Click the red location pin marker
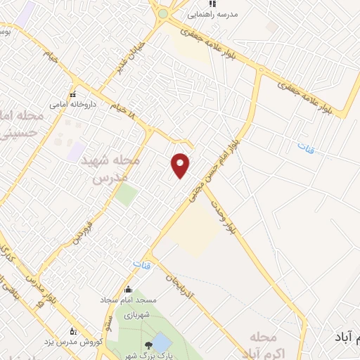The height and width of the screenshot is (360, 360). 181,165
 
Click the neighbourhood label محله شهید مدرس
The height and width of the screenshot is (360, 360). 117,169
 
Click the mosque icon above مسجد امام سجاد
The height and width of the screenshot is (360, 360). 128,289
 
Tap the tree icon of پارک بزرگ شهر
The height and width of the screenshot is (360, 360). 148,345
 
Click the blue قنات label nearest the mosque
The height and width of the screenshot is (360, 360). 137,265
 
